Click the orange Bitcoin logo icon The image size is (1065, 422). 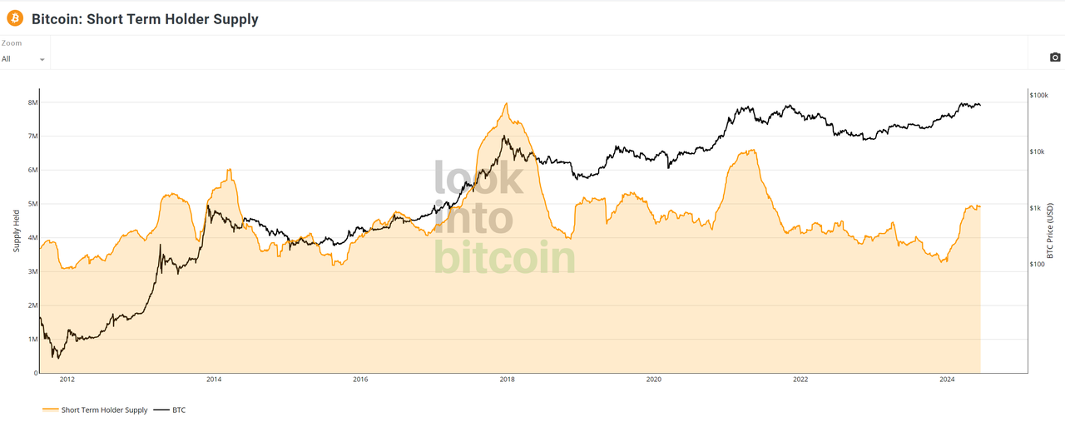[x=15, y=17]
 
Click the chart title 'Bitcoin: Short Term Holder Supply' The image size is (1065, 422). [x=145, y=19]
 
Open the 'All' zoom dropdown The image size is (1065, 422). [x=23, y=59]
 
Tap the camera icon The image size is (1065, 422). [x=1055, y=57]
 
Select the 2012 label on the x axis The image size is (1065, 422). [x=67, y=380]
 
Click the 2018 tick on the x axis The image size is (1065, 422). [x=507, y=380]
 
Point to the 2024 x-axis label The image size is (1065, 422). [x=947, y=380]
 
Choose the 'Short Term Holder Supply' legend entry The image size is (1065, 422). [x=104, y=410]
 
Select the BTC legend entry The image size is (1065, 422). [x=179, y=410]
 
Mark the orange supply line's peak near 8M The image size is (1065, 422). [x=506, y=103]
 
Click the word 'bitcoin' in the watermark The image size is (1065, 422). [x=504, y=257]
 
